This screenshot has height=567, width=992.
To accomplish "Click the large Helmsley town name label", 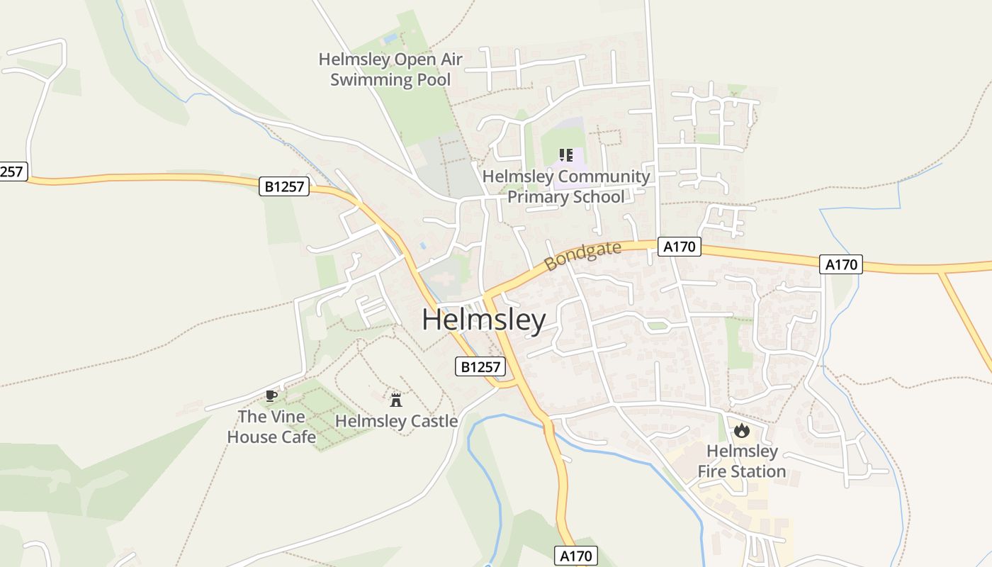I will tap(484, 320).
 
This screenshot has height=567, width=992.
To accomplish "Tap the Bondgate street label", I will tap(582, 256).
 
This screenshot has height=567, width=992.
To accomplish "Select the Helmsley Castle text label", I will tap(396, 421).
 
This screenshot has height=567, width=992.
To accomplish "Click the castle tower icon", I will tap(396, 400).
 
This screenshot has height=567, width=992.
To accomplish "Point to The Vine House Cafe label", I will tap(271, 427).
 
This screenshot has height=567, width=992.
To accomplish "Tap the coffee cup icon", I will tap(271, 395).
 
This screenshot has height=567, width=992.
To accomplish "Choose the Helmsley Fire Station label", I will tap(742, 461).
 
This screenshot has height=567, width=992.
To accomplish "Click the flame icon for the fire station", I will tap(741, 430).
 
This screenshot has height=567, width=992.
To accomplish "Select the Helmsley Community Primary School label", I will tap(566, 186).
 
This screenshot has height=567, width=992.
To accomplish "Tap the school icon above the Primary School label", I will tap(565, 155).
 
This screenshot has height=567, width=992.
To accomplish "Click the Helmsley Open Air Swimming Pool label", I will tap(390, 69).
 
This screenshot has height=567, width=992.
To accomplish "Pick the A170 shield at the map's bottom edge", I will tap(575, 556).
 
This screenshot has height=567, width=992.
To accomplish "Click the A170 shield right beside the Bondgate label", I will tap(680, 247).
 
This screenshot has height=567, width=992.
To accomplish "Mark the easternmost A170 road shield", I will tap(842, 264).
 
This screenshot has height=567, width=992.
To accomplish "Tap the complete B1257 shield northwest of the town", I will tap(284, 186).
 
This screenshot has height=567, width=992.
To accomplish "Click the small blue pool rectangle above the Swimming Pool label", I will tap(390, 38).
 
